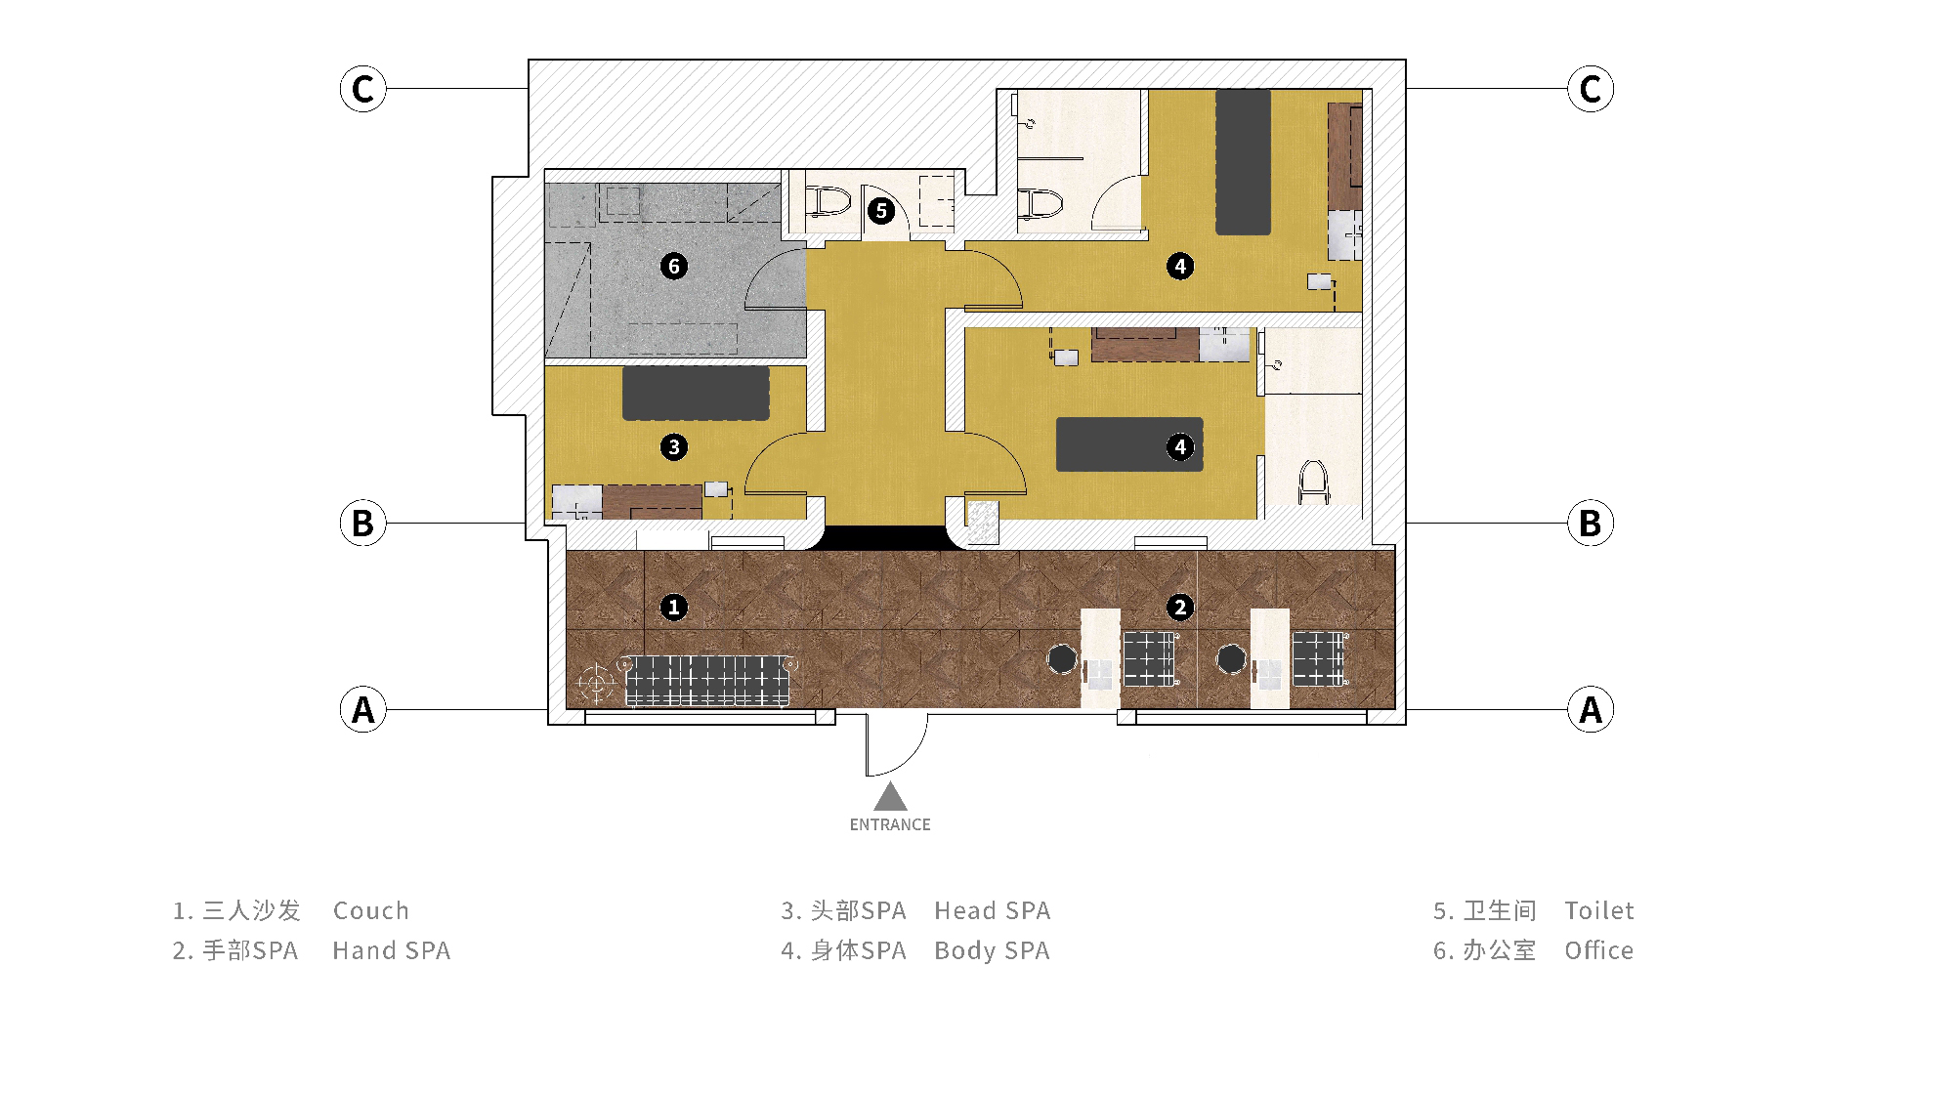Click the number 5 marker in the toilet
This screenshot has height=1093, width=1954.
tap(881, 210)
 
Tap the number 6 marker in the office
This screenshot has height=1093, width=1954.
tap(673, 266)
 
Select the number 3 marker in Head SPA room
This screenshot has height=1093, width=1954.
tap(673, 447)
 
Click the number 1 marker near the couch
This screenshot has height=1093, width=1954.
tap(673, 608)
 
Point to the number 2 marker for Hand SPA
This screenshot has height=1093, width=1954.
tap(1180, 608)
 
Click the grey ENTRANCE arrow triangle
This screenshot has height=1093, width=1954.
tap(890, 797)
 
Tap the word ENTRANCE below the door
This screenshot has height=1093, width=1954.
tap(890, 824)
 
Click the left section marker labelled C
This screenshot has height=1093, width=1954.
tap(362, 89)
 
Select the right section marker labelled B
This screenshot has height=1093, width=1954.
tap(1591, 523)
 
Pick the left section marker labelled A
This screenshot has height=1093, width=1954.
tap(362, 709)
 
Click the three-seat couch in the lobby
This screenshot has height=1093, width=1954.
tap(707, 680)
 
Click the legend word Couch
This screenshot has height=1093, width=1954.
tap(371, 910)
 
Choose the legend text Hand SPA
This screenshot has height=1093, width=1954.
tap(392, 950)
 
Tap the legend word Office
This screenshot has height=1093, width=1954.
tap(1599, 950)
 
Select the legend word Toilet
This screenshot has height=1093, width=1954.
tap(1599, 910)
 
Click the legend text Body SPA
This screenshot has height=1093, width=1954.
tap(993, 950)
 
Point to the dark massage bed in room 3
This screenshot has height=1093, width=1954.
tap(696, 394)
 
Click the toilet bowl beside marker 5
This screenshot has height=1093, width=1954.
tap(828, 202)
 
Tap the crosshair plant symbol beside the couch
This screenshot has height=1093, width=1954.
tap(595, 683)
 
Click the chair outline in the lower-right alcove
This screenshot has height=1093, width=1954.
tap(1314, 483)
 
